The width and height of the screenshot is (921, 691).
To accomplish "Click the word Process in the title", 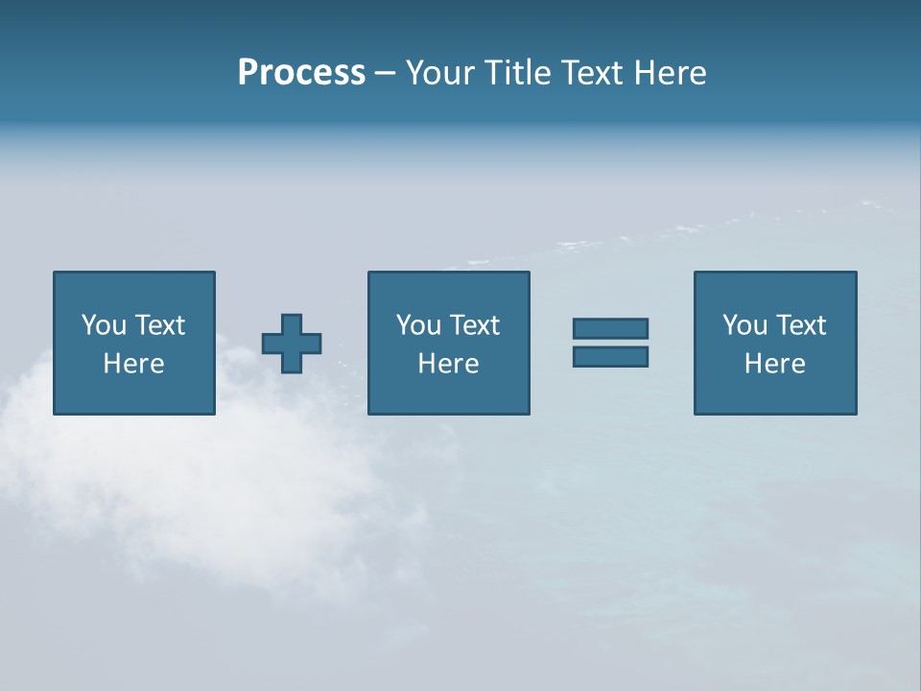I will click(x=301, y=73).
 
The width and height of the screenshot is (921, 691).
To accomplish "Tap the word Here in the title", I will click(x=671, y=73).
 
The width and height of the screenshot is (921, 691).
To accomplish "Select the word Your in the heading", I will click(x=441, y=73).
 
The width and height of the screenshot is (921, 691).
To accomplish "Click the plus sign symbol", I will click(x=292, y=344).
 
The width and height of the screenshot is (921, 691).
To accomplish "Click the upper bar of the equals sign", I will click(x=610, y=328).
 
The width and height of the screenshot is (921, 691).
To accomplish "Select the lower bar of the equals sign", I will click(x=610, y=356).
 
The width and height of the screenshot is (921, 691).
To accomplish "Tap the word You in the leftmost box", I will click(x=104, y=325).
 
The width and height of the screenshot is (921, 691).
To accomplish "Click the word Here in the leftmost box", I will click(x=133, y=364).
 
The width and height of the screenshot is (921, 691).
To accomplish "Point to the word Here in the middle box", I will click(x=448, y=364).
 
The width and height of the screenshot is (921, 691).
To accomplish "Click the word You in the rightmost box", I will click(x=744, y=325).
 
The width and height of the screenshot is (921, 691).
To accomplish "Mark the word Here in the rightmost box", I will click(x=774, y=364).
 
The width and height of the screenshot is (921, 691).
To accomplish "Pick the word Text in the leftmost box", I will click(x=160, y=325).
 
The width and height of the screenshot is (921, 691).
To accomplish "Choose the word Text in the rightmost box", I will click(x=801, y=325).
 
